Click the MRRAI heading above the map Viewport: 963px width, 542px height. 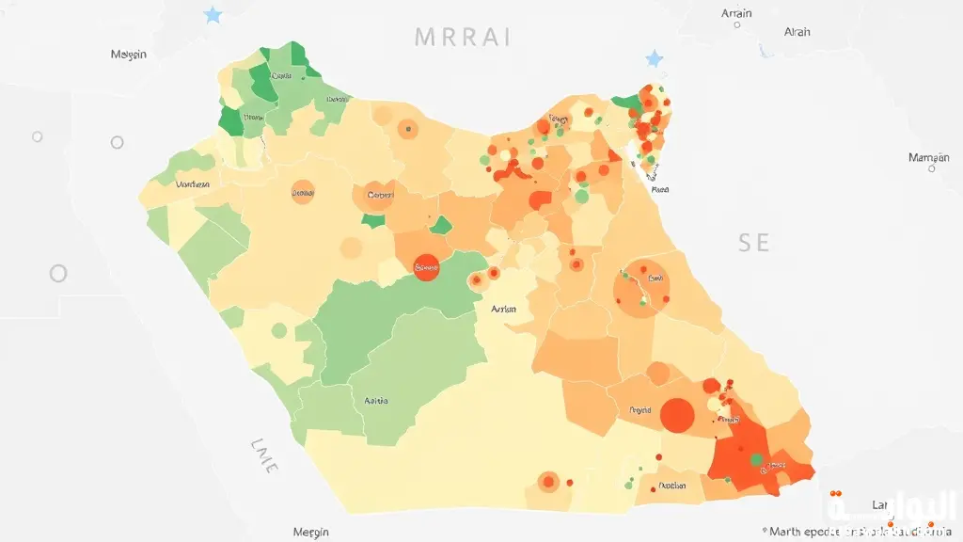tap(463, 38)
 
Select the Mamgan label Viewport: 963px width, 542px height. tap(928, 157)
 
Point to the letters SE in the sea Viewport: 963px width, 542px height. tap(753, 243)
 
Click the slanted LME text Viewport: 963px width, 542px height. tap(264, 454)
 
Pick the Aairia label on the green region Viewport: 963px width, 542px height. tap(376, 401)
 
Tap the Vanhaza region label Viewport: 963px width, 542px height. tap(193, 184)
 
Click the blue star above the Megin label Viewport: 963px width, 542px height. tap(213, 15)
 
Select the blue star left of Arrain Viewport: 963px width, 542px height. tap(655, 58)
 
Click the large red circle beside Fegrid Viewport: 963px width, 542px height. tap(677, 414)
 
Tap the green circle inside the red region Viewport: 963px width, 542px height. tap(755, 459)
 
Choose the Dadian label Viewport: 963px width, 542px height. tap(671, 486)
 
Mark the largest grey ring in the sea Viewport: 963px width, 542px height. tap(58, 274)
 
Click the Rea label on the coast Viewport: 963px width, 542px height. tap(660, 189)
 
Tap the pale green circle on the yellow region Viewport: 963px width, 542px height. tap(278, 330)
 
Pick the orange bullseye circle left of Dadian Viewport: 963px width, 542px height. tap(547, 482)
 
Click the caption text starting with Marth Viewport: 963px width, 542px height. tap(856, 532)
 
